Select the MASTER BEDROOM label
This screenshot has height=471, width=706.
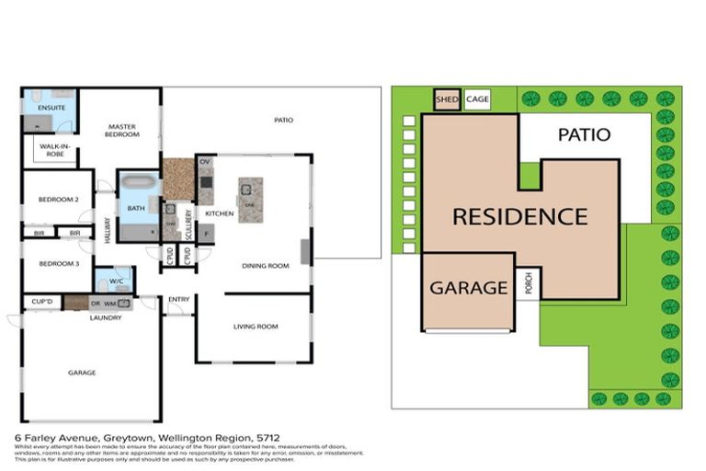(122, 131)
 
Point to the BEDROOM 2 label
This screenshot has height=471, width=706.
(58, 199)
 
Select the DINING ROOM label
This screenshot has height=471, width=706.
(266, 266)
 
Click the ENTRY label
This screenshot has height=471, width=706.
(179, 299)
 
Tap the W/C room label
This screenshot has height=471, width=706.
(117, 281)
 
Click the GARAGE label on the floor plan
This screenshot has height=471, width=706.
(82, 373)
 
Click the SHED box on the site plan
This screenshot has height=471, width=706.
(446, 99)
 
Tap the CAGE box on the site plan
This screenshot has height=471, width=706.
(477, 99)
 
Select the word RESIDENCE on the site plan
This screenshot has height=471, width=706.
(519, 217)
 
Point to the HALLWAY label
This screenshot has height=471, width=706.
(108, 230)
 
